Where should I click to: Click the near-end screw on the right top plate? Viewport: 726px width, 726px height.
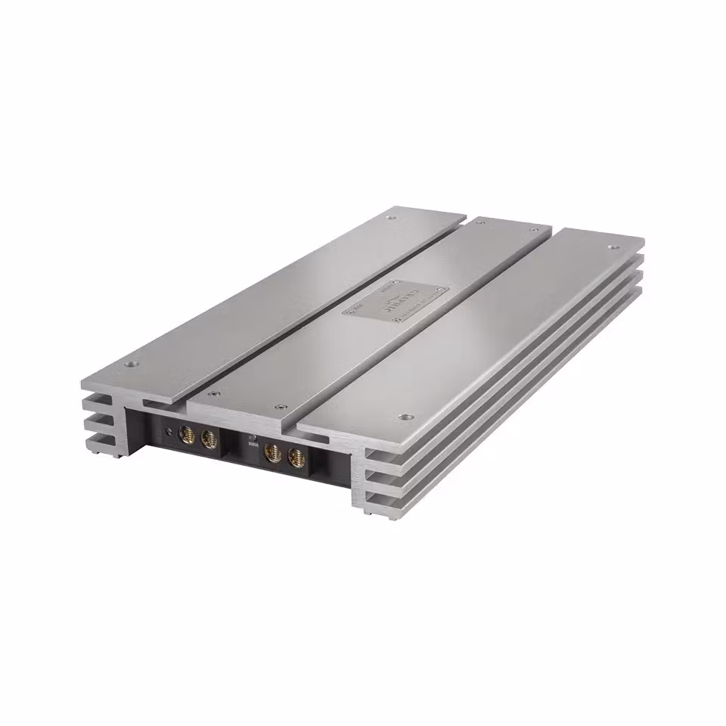403,416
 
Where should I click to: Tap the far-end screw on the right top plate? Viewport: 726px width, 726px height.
612,247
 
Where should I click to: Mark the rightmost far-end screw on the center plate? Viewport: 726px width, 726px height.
533,229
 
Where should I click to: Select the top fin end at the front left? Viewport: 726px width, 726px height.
100,400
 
